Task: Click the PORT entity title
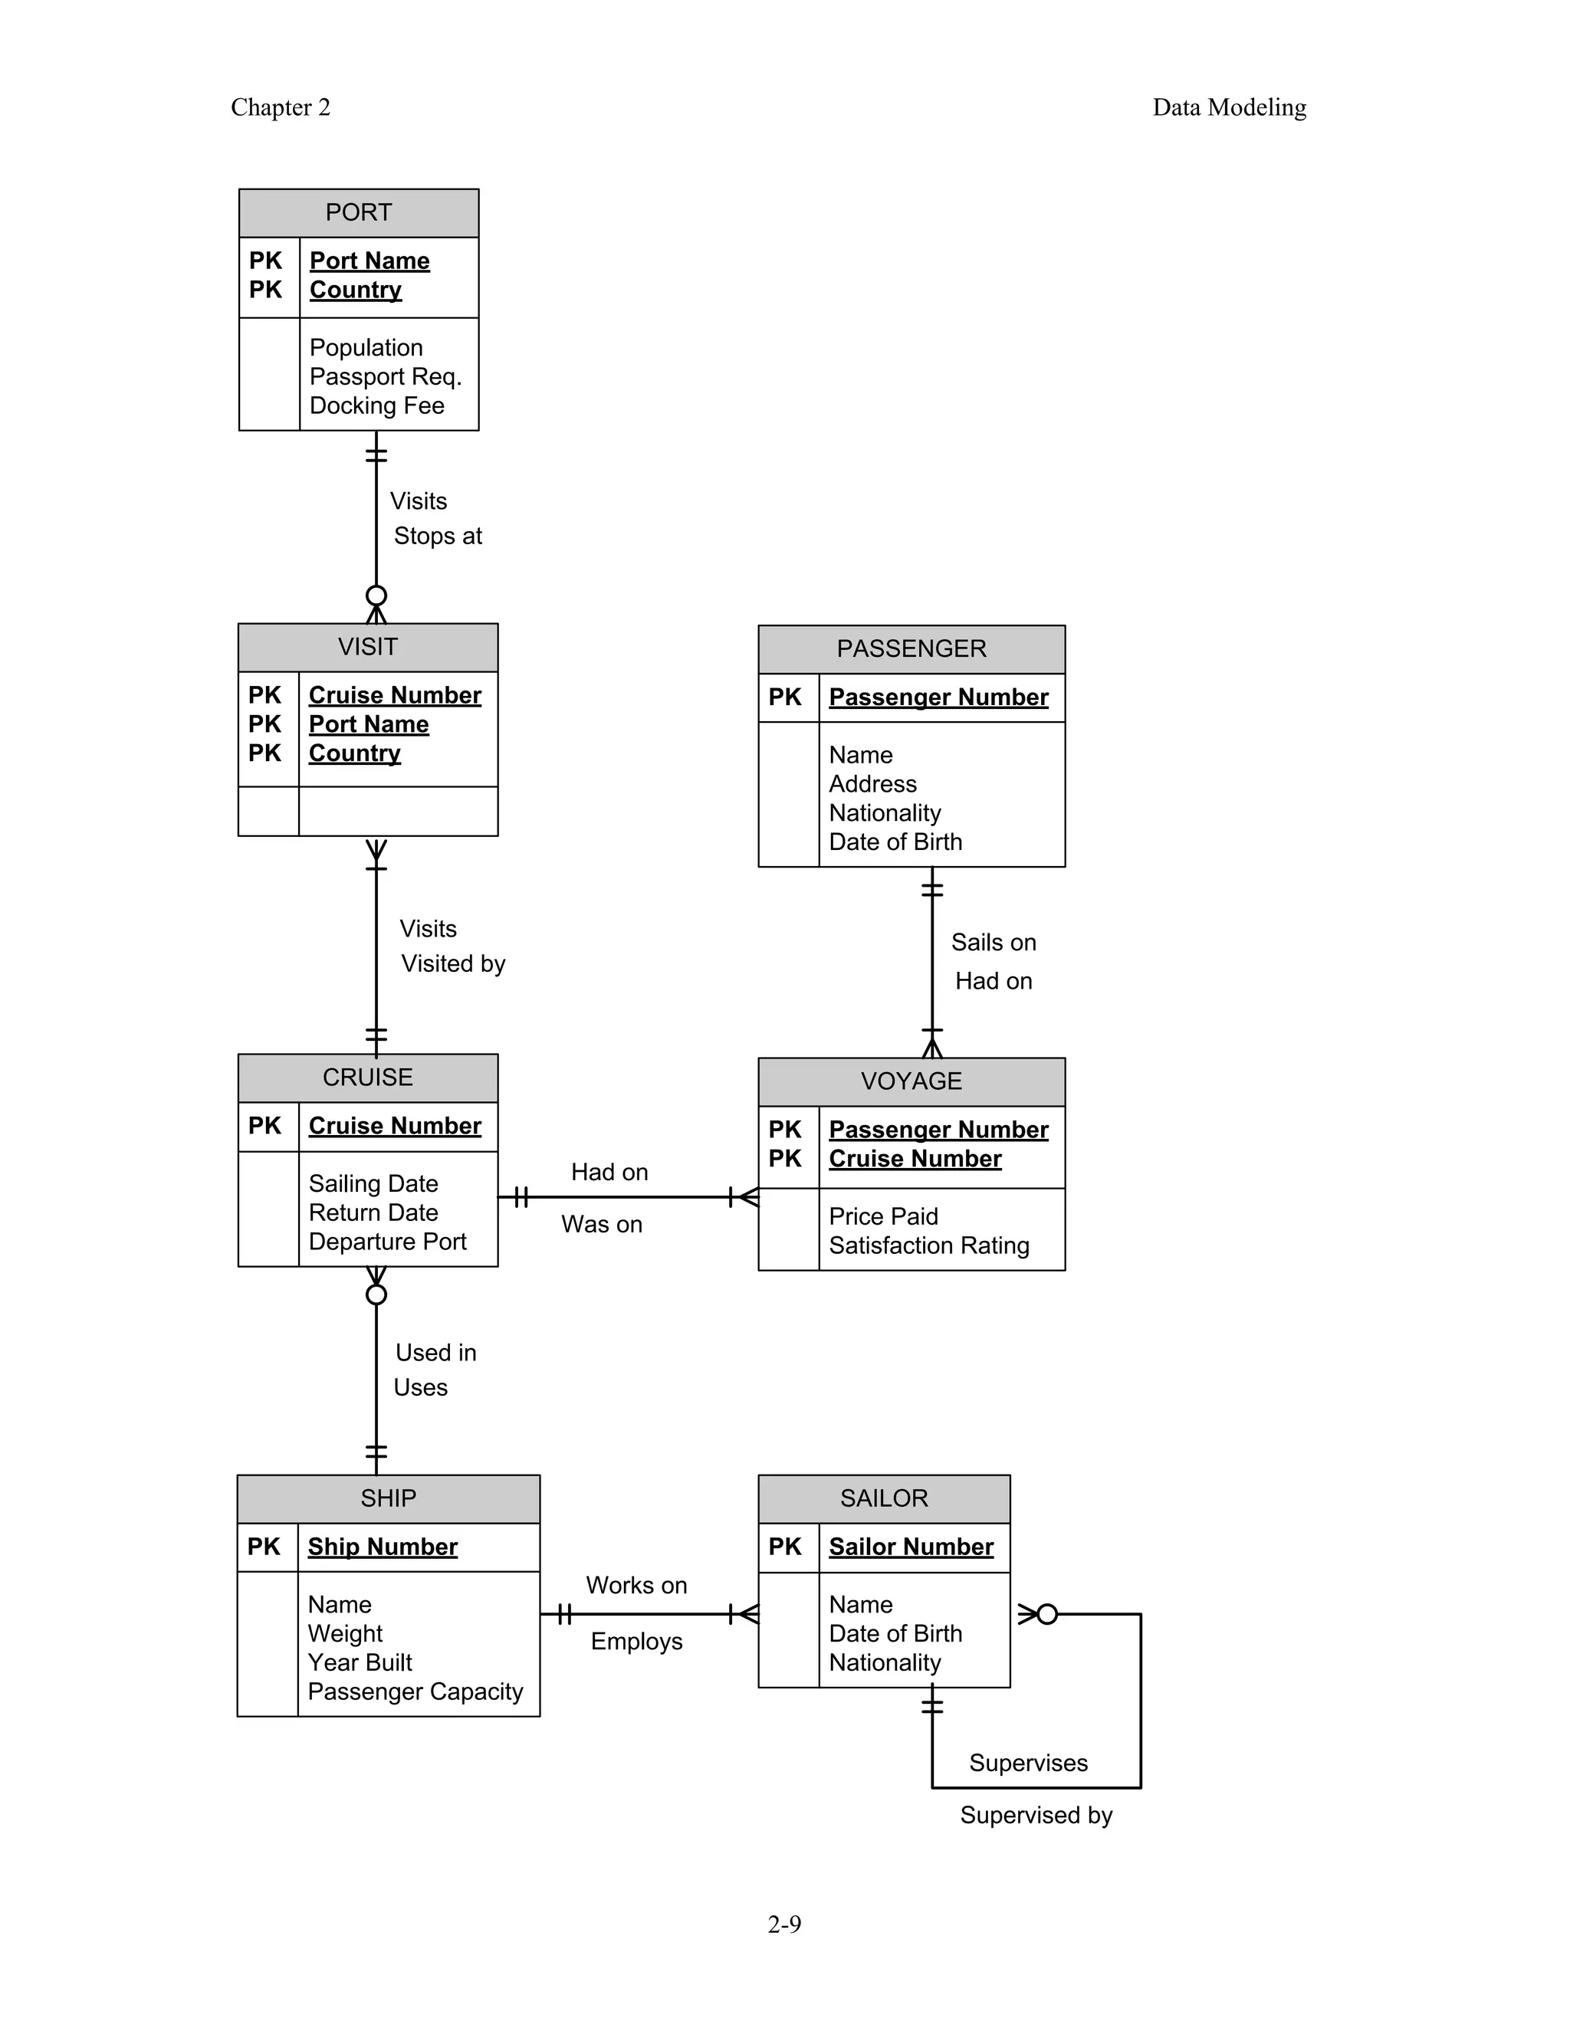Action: [358, 213]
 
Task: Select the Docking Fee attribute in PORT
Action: [376, 405]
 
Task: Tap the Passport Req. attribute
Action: [385, 376]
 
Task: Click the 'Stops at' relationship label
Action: [437, 536]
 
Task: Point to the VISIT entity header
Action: [367, 648]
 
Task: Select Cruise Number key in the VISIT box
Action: [394, 696]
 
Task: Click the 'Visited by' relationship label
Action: [453, 963]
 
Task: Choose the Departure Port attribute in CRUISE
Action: [387, 1242]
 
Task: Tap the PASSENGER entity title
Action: [911, 649]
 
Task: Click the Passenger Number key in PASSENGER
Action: [938, 697]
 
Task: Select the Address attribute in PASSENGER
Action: [872, 784]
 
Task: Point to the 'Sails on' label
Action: [993, 942]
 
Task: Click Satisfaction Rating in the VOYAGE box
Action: [928, 1245]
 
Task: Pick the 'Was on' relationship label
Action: [601, 1224]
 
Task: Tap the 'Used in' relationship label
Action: [435, 1352]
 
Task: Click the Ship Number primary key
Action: [383, 1547]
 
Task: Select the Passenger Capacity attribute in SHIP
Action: [415, 1691]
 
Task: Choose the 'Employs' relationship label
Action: [636, 1642]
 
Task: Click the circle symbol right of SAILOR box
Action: [1047, 1614]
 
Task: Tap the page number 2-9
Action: [784, 1924]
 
